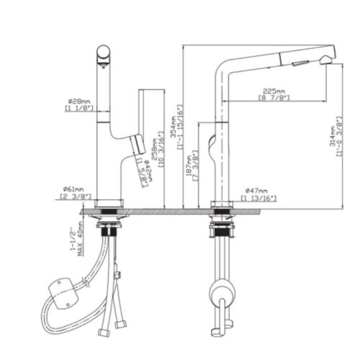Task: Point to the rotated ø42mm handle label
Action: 145,172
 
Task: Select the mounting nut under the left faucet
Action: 110,230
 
